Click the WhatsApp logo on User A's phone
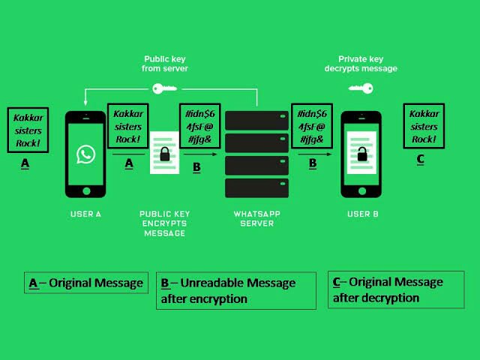coord(86,154)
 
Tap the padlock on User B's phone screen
coord(361,154)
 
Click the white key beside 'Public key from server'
coord(161,89)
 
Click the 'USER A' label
coord(86,214)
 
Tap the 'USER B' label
coord(362,214)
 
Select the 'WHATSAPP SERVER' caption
coord(256,218)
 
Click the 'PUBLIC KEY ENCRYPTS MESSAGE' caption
coord(164,223)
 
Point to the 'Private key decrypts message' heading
coord(367,63)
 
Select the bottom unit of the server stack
coord(256,187)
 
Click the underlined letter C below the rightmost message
coord(420,158)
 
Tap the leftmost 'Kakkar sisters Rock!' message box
coord(28,129)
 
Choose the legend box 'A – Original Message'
coord(85,283)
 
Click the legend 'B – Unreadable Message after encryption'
coord(235,290)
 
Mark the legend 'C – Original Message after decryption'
coord(397,289)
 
